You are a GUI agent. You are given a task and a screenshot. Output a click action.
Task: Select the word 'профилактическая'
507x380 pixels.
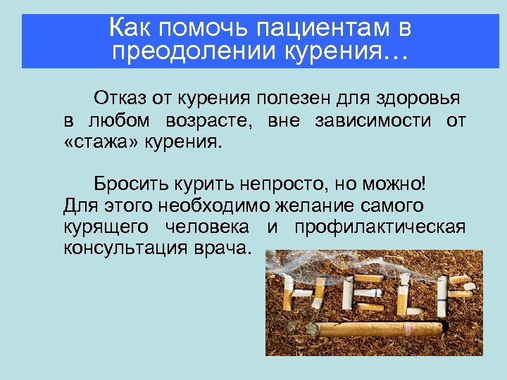click(x=380, y=228)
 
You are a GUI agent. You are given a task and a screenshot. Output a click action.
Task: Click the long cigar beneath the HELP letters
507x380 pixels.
click(x=380, y=328)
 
